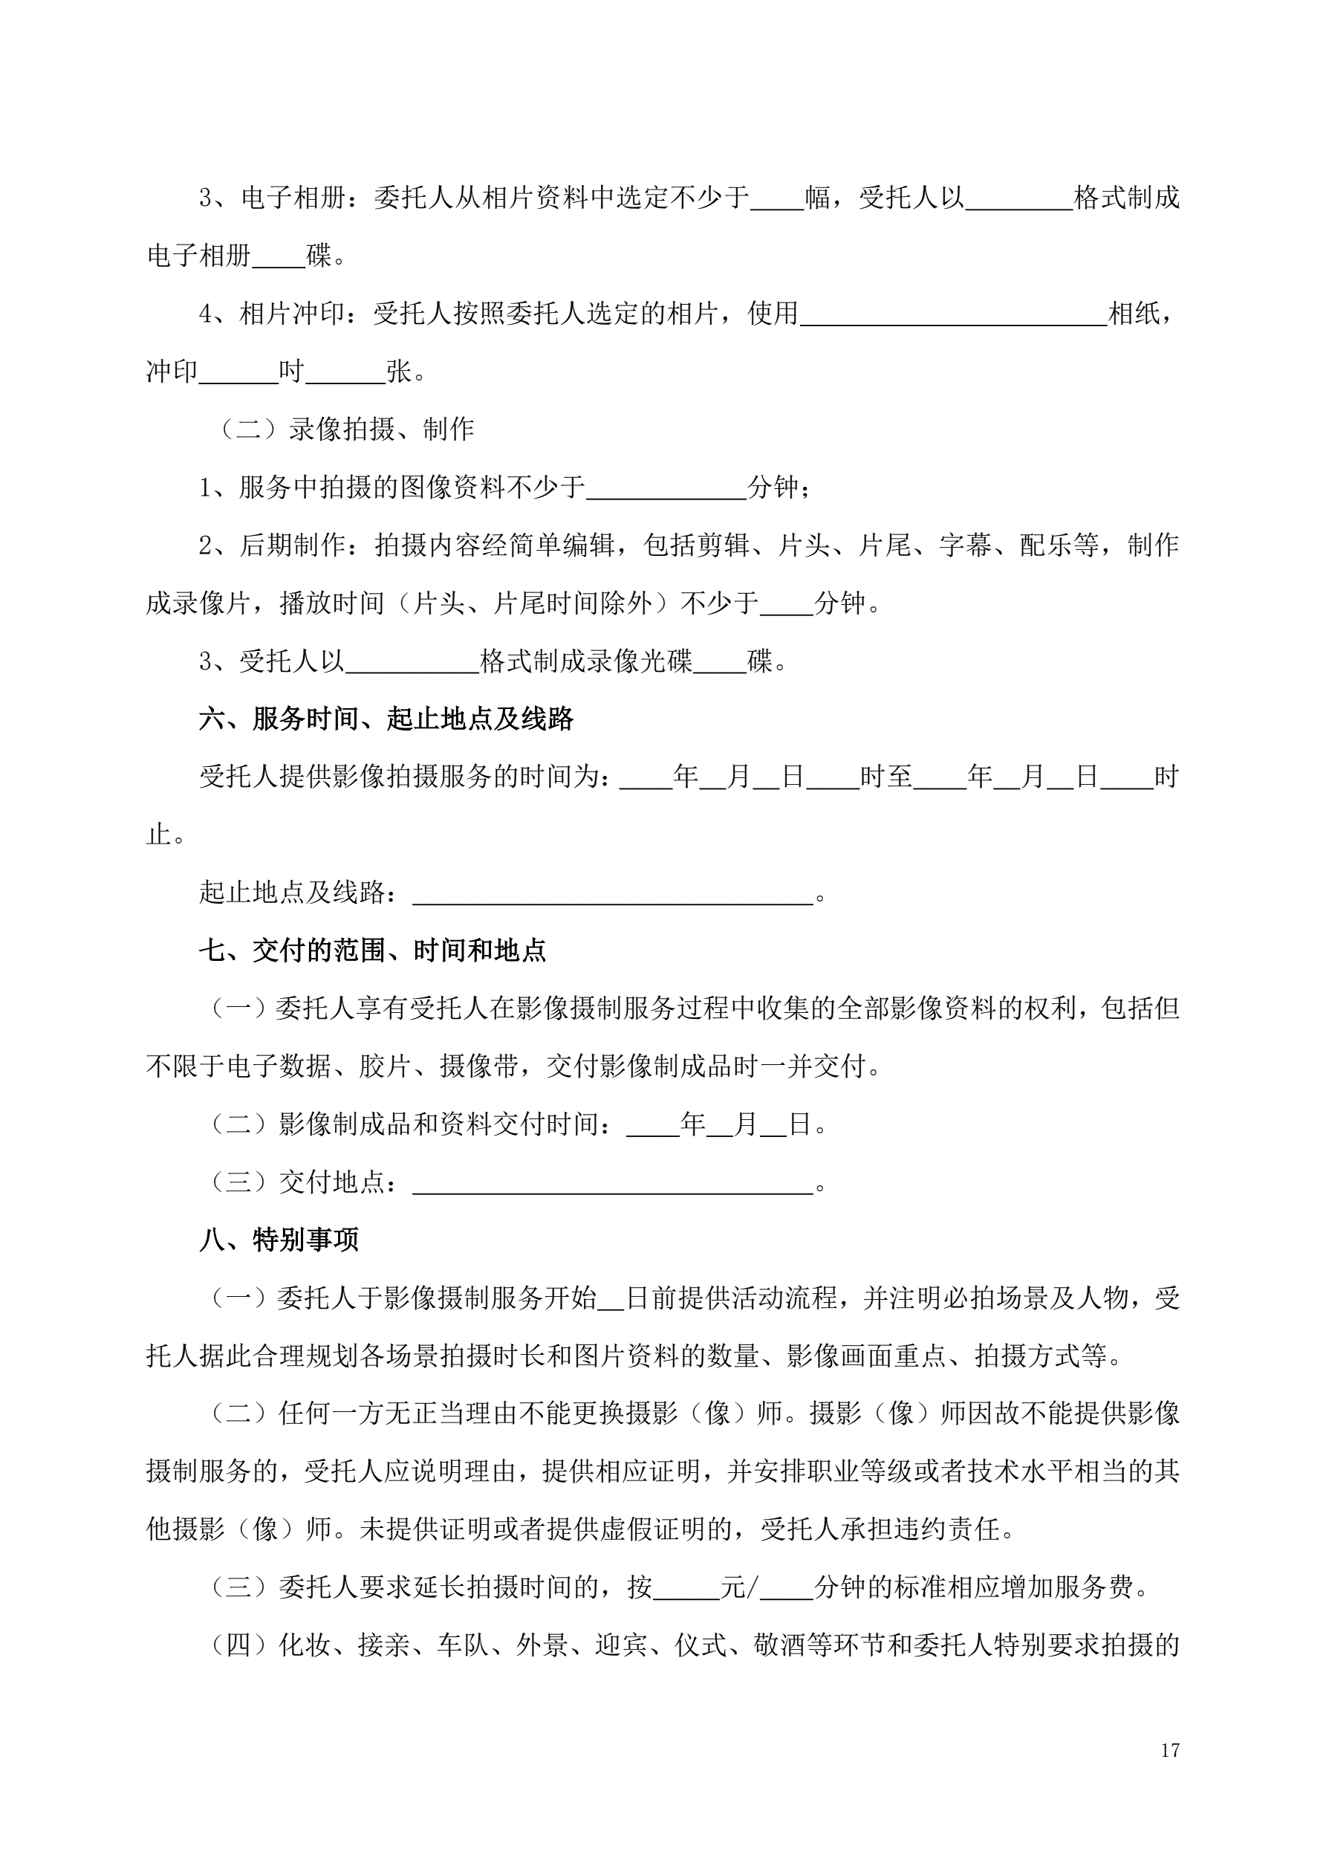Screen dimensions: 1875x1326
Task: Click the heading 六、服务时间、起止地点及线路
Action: pyautogui.click(x=386, y=719)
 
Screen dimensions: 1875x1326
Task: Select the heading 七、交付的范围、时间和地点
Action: pyautogui.click(x=372, y=950)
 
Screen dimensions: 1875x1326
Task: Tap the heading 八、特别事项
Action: pyautogui.click(x=279, y=1240)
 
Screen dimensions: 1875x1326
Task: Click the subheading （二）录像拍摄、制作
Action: pyautogui.click(x=346, y=429)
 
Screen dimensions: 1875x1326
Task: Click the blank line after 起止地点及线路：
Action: pyautogui.click(x=612, y=894)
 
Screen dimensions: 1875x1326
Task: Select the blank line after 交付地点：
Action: pyautogui.click(x=612, y=1183)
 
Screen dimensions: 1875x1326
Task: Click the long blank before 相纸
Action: pyautogui.click(x=953, y=315)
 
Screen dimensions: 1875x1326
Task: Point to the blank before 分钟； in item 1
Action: pyautogui.click(x=666, y=488)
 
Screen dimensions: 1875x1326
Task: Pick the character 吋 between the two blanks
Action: pyautogui.click(x=291, y=372)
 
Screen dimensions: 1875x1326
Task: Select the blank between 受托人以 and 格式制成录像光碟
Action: pyautogui.click(x=412, y=661)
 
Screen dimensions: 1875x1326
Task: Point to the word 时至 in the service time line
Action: pyautogui.click(x=886, y=777)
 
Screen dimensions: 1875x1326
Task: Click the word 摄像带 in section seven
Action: pyautogui.click(x=479, y=1066)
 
